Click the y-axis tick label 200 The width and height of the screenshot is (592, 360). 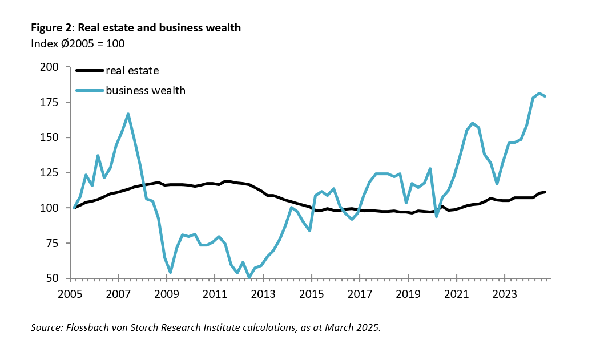coord(51,67)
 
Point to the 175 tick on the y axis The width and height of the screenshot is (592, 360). coord(51,103)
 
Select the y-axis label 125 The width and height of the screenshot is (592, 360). coord(51,173)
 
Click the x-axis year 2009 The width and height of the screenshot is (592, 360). coord(166,295)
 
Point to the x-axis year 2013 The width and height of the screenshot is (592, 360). coord(263,295)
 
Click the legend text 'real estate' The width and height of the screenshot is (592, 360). coord(132,71)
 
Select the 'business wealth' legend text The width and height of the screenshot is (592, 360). coord(146,90)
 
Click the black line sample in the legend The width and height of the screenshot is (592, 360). coord(90,71)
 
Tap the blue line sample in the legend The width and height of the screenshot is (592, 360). coord(90,90)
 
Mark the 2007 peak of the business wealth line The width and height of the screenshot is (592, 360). coord(128,114)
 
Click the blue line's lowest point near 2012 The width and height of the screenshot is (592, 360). coord(249,278)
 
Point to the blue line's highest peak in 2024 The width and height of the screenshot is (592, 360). coord(539,93)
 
